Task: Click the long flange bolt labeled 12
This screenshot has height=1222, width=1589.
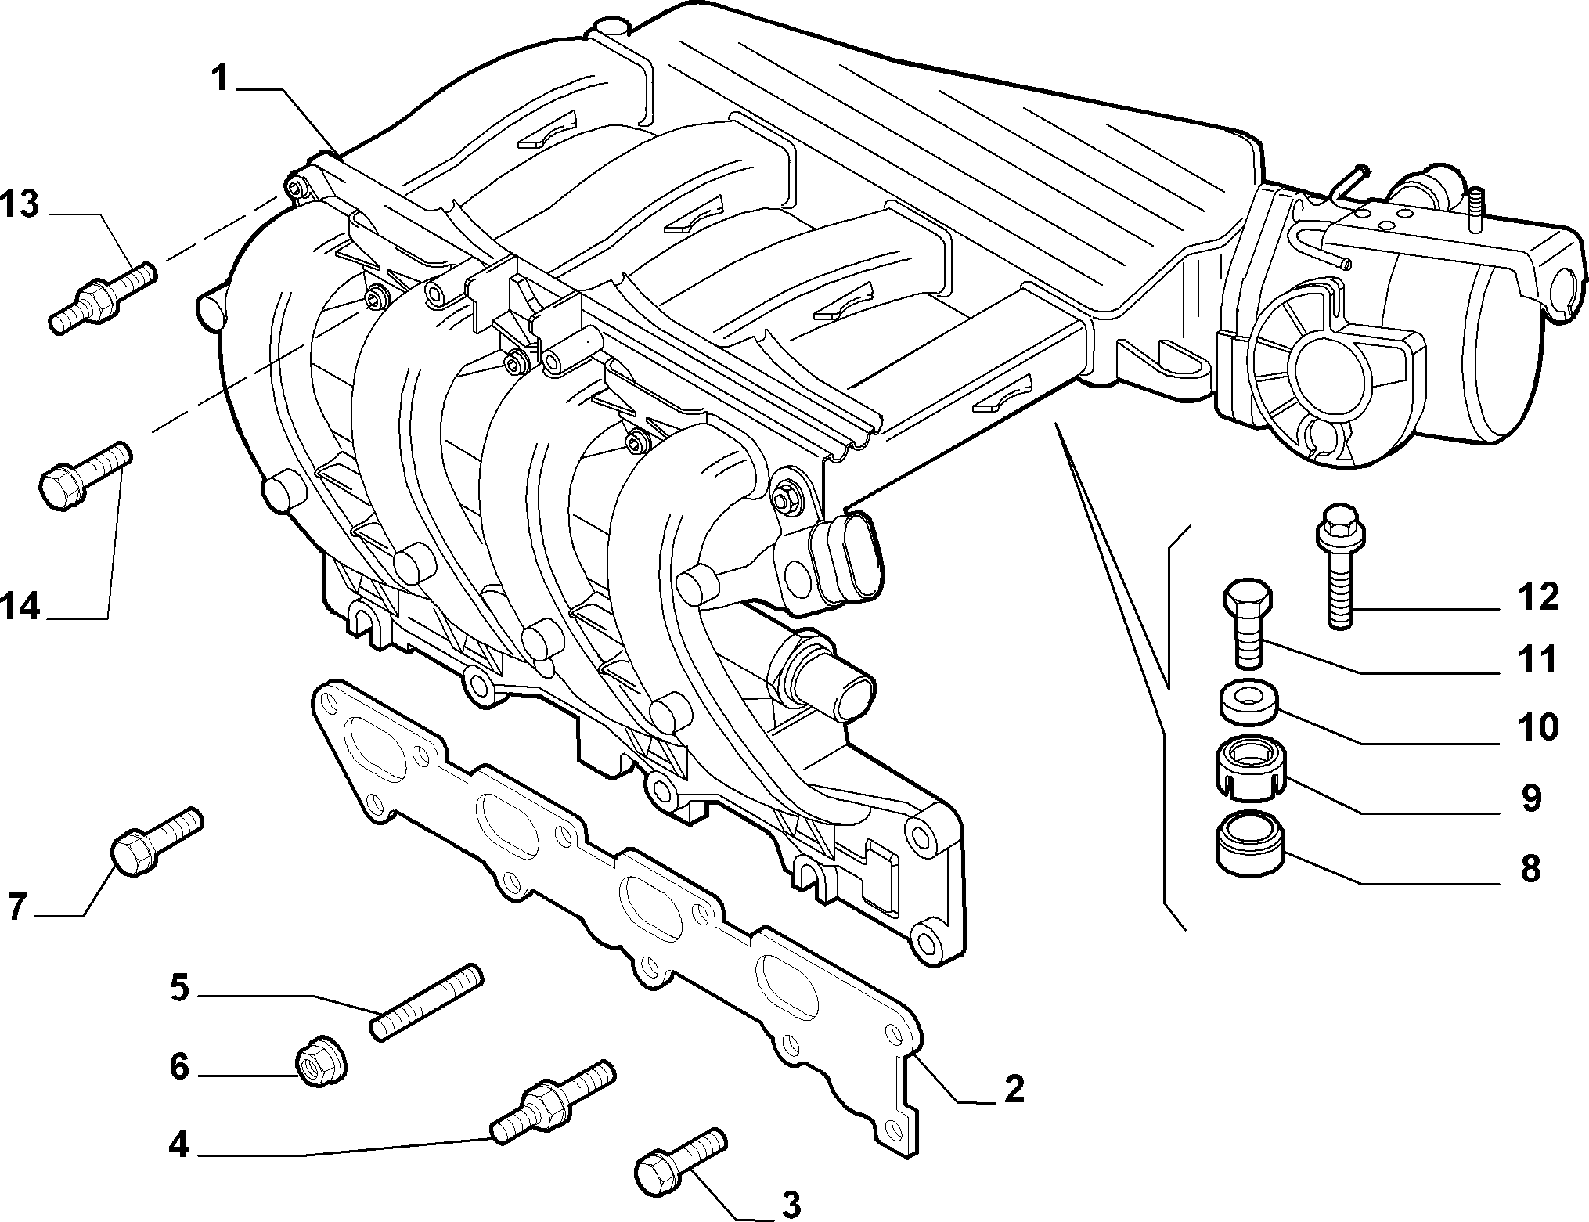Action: pos(1341,564)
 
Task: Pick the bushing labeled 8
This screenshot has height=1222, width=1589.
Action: pos(1248,844)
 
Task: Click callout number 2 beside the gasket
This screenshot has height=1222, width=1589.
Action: pos(1014,1088)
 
